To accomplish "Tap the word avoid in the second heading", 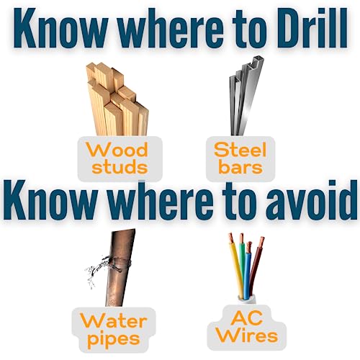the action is point(312,199).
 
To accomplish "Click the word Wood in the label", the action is point(117,150).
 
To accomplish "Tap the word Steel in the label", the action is point(240,150).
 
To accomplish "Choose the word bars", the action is point(240,166).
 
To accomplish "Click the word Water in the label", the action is point(113,321).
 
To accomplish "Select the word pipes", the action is point(114,339).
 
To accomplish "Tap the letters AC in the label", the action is point(246,319).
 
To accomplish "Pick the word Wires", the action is point(247,336).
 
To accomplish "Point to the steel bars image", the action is point(246,96).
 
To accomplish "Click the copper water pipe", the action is point(120,268).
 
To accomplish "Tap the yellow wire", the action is point(237,266).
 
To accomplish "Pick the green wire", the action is point(243,259).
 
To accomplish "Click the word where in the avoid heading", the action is point(158,199).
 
